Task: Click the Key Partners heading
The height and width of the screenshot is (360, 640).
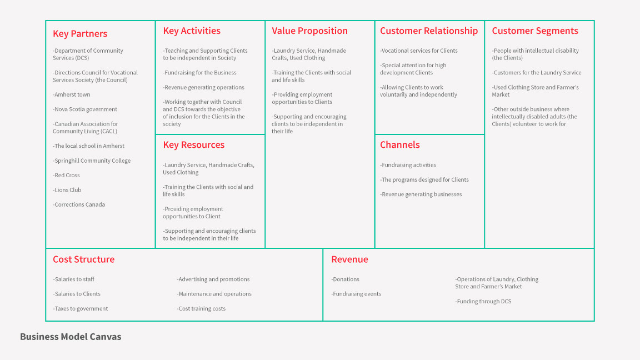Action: tap(80, 34)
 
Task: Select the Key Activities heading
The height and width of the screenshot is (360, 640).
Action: tap(192, 31)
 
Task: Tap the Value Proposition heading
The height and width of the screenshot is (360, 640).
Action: tap(309, 31)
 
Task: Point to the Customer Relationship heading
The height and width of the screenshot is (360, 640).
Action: tap(429, 31)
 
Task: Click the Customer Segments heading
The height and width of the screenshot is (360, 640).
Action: tap(535, 31)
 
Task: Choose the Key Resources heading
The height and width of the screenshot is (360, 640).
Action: tap(194, 145)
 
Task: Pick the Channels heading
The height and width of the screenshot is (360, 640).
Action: tap(400, 145)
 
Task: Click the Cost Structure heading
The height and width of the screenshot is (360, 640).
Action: tap(84, 259)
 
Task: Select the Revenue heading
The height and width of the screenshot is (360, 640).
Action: tap(349, 259)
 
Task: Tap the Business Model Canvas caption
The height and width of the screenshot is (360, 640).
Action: tap(71, 337)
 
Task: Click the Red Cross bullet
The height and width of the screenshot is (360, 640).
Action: tap(67, 176)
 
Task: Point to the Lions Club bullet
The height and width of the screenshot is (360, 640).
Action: tap(67, 190)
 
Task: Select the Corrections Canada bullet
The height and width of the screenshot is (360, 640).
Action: tap(79, 204)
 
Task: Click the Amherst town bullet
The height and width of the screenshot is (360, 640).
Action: tap(72, 95)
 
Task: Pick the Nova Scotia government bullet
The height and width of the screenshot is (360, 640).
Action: tap(85, 109)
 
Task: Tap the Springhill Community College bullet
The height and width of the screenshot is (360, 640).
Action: tap(92, 161)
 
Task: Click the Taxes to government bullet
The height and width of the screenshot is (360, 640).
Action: tap(81, 309)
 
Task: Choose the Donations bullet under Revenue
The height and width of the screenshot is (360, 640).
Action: tap(346, 279)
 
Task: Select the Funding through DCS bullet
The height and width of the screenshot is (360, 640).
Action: tap(483, 302)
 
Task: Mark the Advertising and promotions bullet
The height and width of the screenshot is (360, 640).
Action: tap(213, 279)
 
